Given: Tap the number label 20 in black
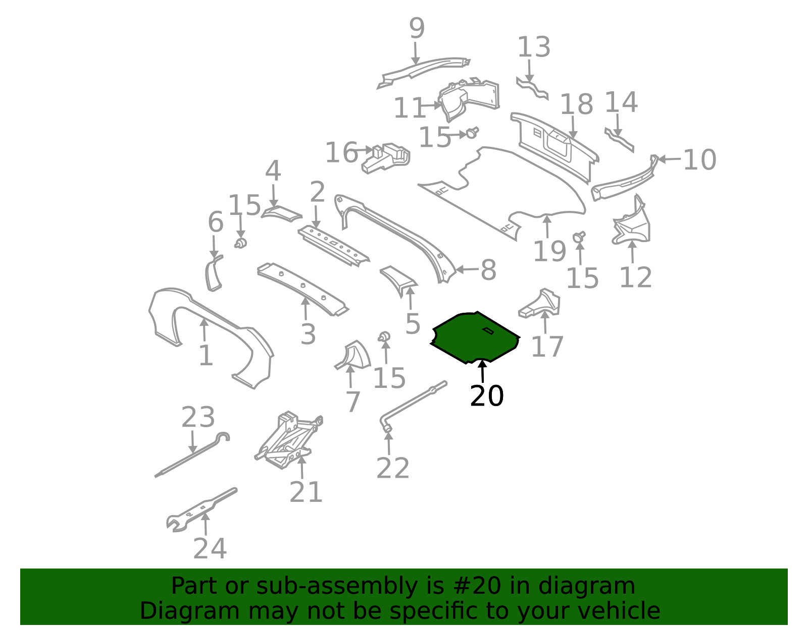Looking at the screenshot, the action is [487, 396].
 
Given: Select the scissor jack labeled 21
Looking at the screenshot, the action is [288, 440].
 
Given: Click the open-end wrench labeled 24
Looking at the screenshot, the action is [201, 510].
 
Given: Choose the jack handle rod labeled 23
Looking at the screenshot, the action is [191, 455].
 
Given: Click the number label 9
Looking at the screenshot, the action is [417, 28].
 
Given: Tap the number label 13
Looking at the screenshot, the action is [534, 47].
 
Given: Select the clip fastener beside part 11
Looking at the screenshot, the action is [472, 132].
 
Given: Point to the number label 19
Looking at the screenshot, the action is [549, 251].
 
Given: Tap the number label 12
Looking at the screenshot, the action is [635, 277].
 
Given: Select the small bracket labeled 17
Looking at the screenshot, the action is [540, 304].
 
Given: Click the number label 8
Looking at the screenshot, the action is [488, 270].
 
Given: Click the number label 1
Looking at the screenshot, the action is [206, 355].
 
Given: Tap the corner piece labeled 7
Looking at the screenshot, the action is [353, 355].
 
